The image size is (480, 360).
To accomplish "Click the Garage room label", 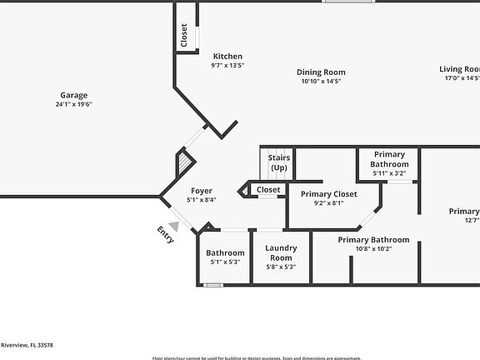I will click(x=73, y=95).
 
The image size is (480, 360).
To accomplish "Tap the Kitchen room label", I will click(x=227, y=57).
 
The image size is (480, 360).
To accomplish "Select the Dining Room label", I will click(x=322, y=72).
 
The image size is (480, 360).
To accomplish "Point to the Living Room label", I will click(x=460, y=69).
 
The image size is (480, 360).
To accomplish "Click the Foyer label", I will click(x=201, y=191).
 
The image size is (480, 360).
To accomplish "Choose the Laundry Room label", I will click(x=281, y=252).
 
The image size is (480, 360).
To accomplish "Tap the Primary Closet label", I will click(x=328, y=194).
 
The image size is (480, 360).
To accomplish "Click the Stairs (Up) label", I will click(x=278, y=162).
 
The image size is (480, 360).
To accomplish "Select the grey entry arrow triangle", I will click(x=173, y=225).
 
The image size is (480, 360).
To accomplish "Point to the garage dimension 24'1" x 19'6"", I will click(x=73, y=105).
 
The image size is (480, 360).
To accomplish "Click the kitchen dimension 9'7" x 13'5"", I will click(x=227, y=66).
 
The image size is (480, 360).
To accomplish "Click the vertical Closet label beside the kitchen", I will click(x=184, y=34).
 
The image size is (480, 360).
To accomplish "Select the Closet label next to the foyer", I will click(x=268, y=190).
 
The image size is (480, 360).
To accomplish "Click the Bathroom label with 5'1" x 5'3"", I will click(x=225, y=253).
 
